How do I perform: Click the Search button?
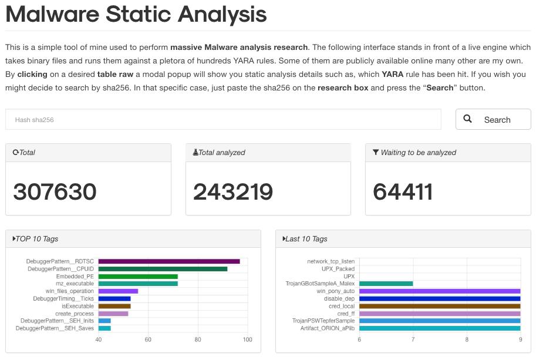click(493, 119)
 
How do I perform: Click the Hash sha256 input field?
click(223, 119)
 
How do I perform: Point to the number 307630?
click(55, 192)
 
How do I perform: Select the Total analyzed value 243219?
click(233, 192)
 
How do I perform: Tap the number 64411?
click(403, 192)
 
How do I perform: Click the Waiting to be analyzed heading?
click(418, 153)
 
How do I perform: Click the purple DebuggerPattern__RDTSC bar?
click(169, 261)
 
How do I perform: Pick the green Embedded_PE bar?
click(138, 277)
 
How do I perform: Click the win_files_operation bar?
click(118, 291)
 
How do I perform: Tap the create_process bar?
click(113, 314)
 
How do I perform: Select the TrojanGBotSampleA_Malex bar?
click(386, 284)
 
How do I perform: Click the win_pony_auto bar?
click(440, 291)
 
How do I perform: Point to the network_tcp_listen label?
click(330, 261)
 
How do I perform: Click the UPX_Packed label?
click(338, 269)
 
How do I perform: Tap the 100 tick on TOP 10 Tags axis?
click(247, 339)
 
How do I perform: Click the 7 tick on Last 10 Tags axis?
click(413, 339)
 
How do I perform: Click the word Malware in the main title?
click(53, 14)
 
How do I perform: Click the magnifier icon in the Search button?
click(468, 119)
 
